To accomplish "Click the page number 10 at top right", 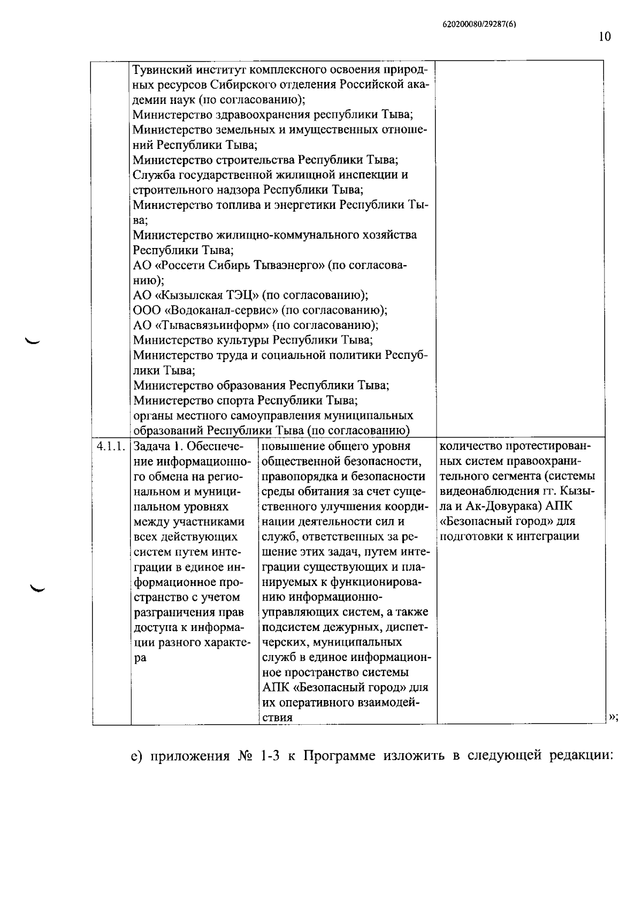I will [605, 36].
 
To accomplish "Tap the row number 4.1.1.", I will [111, 446].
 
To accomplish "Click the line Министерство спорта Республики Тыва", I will [245, 400].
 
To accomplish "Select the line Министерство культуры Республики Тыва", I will [253, 340].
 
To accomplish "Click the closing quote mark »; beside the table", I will [613, 717].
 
